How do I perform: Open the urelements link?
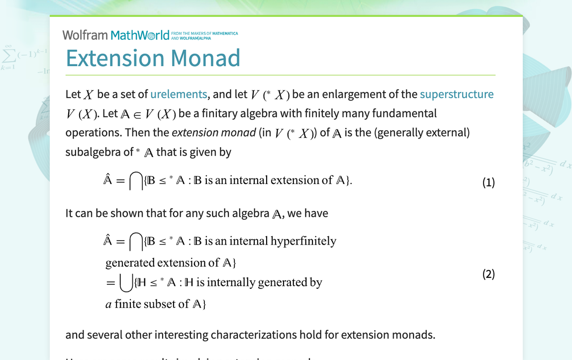[179, 94]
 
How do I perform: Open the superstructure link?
[457, 94]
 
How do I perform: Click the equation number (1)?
[488, 182]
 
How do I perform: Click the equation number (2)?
[488, 274]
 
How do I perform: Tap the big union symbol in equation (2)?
[126, 283]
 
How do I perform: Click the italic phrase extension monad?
[213, 133]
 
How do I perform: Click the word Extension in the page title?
[115, 58]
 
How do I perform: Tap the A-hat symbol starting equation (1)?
[107, 180]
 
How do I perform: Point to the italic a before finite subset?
[108, 304]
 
